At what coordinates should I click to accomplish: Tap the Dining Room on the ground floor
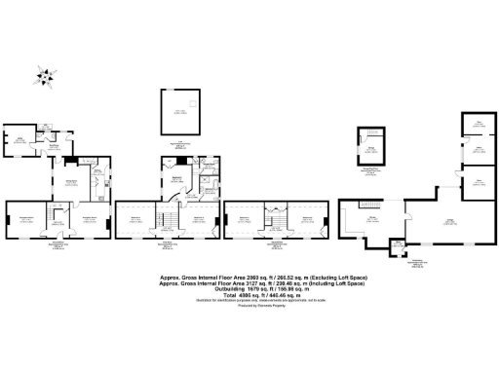pyautogui.click(x=72, y=184)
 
